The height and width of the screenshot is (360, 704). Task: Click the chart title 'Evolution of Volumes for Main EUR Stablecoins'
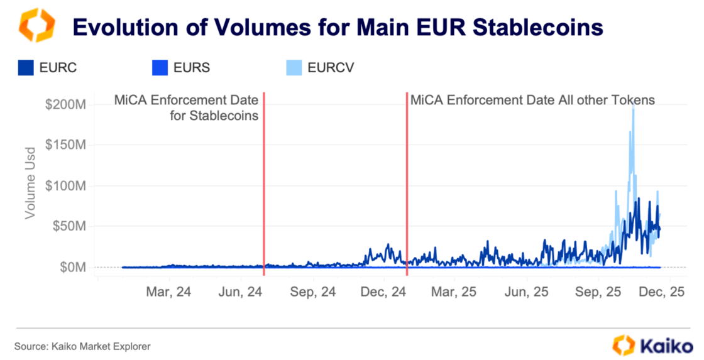pos(338,27)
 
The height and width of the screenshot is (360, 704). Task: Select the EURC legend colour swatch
pos(26,67)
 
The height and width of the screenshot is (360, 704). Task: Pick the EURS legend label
pos(192,67)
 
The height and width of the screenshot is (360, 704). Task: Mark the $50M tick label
pos(69,226)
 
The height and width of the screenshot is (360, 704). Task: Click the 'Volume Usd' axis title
pos(30,186)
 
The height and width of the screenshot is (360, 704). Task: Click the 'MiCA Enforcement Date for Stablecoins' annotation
pos(186,107)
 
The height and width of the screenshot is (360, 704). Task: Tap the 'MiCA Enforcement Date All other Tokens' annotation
pos(532,100)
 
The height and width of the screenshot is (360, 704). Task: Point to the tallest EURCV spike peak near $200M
pos(633,106)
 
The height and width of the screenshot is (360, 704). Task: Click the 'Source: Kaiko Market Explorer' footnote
pos(82,346)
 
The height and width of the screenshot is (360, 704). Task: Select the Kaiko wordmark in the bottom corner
pos(664,345)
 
